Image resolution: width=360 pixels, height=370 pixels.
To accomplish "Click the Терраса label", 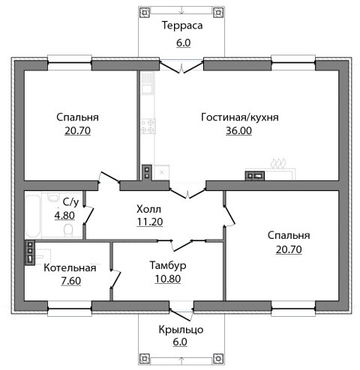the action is click(182, 25).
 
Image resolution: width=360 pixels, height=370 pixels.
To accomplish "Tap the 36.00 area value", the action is click(238, 130).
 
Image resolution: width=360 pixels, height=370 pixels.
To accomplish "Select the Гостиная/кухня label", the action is click(240, 118).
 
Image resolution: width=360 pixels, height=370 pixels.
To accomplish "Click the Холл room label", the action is click(148, 209).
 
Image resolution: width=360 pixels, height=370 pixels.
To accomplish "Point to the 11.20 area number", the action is click(150, 222).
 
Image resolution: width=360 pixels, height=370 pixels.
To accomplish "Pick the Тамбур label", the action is click(168, 265).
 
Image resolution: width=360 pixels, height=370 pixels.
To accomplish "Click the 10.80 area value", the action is click(168, 279).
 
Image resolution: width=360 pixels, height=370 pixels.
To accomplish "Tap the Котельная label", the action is click(70, 268).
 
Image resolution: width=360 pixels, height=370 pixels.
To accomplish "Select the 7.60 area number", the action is click(71, 281).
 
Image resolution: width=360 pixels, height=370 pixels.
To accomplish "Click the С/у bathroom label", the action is click(70, 202).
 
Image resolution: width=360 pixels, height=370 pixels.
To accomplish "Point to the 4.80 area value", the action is click(64, 215).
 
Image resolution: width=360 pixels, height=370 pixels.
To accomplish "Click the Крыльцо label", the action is click(181, 330).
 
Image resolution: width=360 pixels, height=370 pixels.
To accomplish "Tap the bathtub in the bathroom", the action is click(33, 216).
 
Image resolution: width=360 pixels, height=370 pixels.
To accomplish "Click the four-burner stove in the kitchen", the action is click(148, 127).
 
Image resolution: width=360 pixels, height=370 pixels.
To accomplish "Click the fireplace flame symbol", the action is click(278, 163).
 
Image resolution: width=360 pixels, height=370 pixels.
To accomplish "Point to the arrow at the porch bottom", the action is click(181, 360).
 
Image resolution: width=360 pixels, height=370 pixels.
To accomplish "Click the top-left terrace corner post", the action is click(145, 12).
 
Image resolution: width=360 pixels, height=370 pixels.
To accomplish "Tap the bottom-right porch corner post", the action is click(218, 359).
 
